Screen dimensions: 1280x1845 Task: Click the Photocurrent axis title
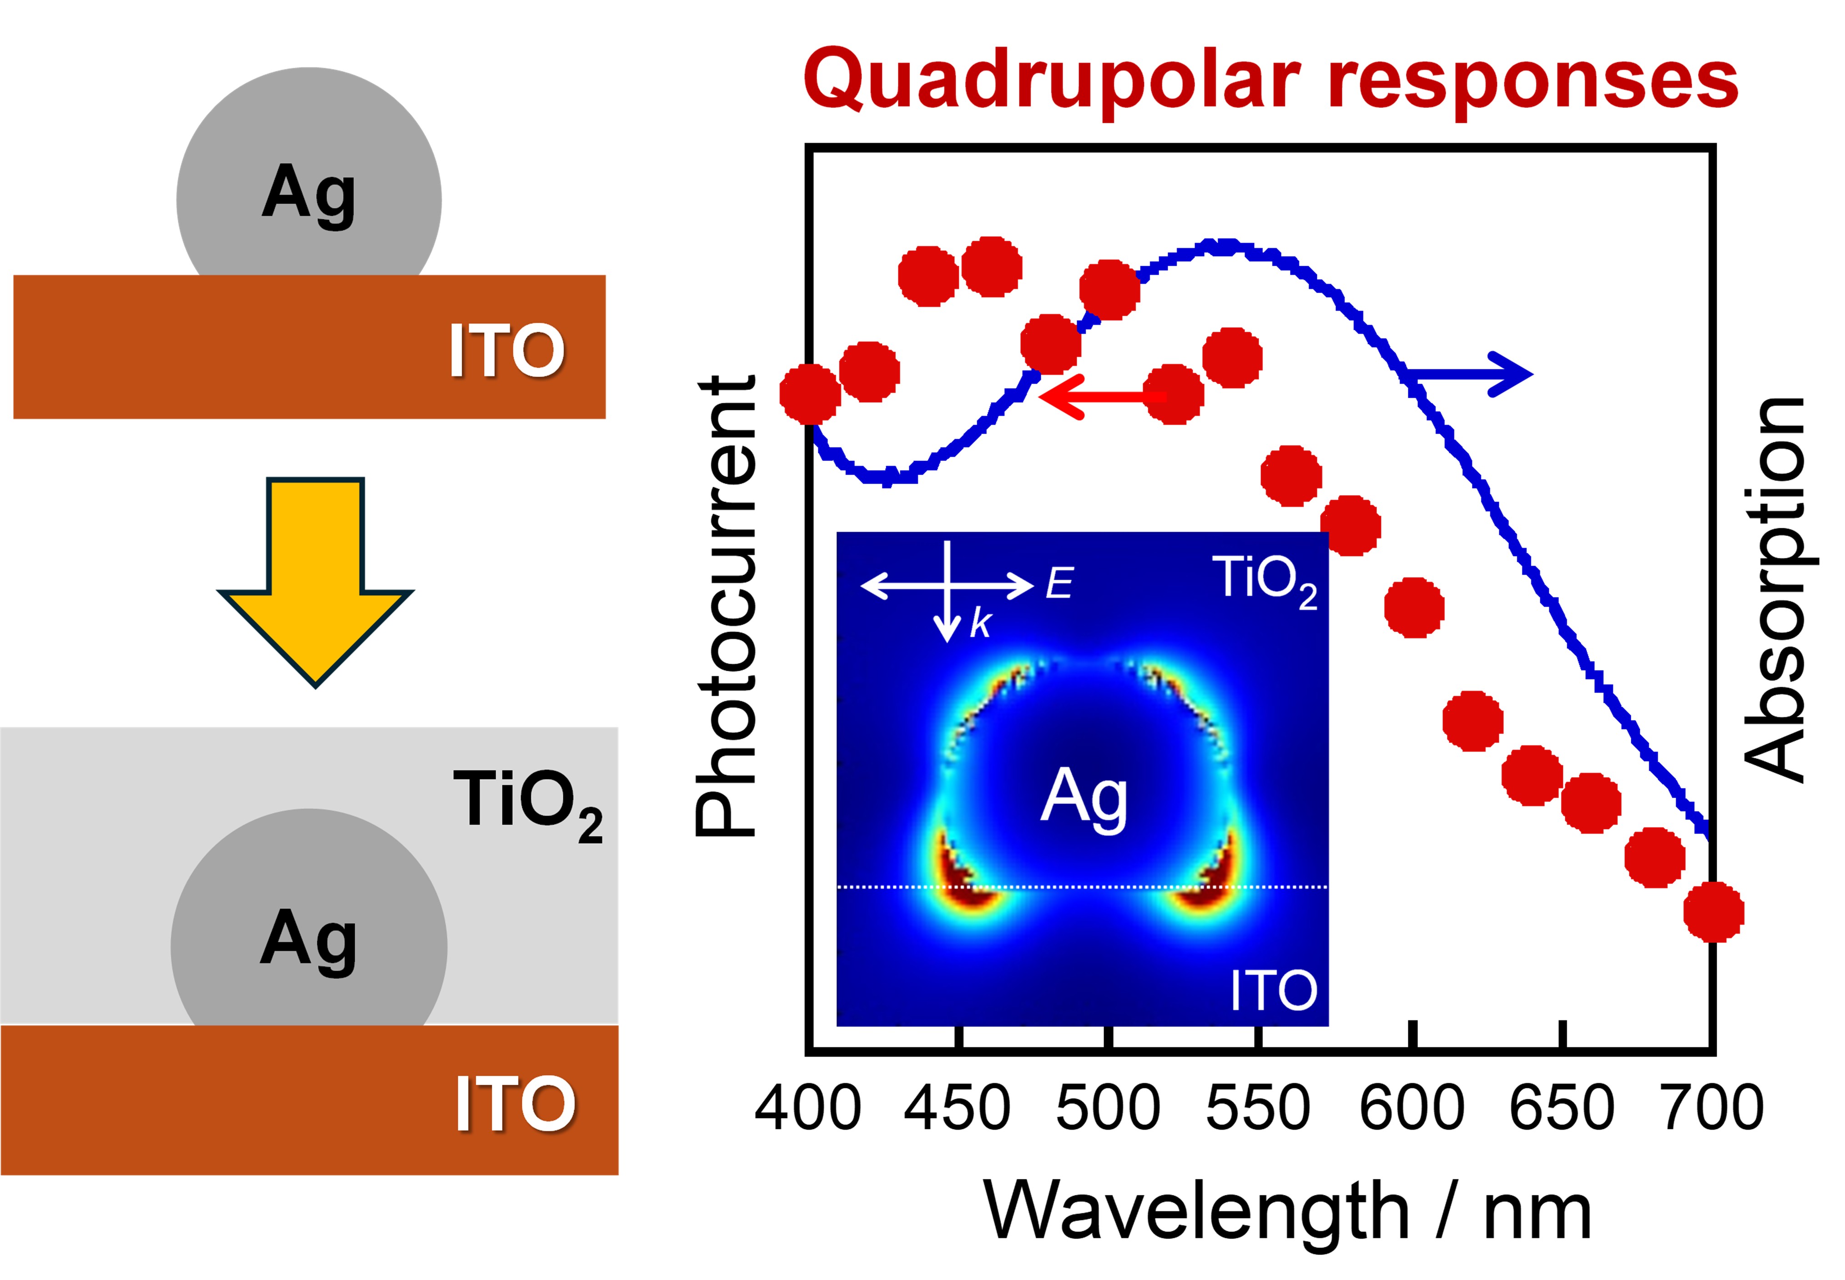(726, 607)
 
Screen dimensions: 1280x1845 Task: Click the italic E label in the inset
(1059, 583)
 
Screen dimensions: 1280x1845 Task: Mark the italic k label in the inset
(980, 623)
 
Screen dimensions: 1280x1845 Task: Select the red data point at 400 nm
(810, 394)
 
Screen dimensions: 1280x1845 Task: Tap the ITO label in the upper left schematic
(507, 350)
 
